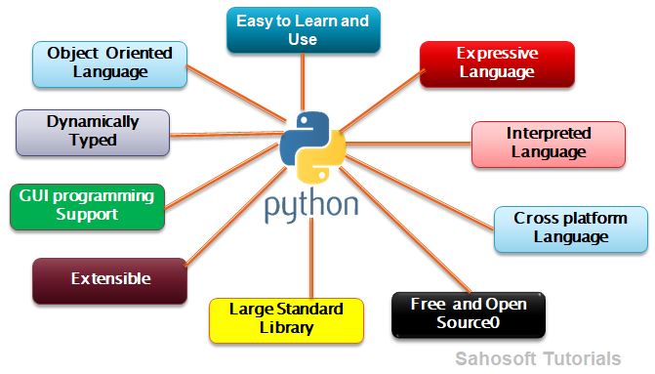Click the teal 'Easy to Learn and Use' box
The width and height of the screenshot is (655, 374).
point(303,30)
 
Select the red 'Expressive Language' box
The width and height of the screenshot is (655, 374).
point(497,63)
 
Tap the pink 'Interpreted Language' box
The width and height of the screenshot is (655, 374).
point(547,143)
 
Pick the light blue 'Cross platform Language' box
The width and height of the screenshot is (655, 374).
point(570,228)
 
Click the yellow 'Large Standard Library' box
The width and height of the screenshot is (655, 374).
point(286,319)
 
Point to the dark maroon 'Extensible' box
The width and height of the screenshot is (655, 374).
point(109,279)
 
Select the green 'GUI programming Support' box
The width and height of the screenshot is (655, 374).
point(87,205)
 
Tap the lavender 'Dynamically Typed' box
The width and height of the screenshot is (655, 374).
point(93,132)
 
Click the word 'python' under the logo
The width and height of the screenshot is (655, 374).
point(310,206)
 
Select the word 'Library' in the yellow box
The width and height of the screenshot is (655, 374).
point(286,328)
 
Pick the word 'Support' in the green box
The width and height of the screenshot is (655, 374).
point(87,214)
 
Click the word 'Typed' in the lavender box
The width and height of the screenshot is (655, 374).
point(93,141)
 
